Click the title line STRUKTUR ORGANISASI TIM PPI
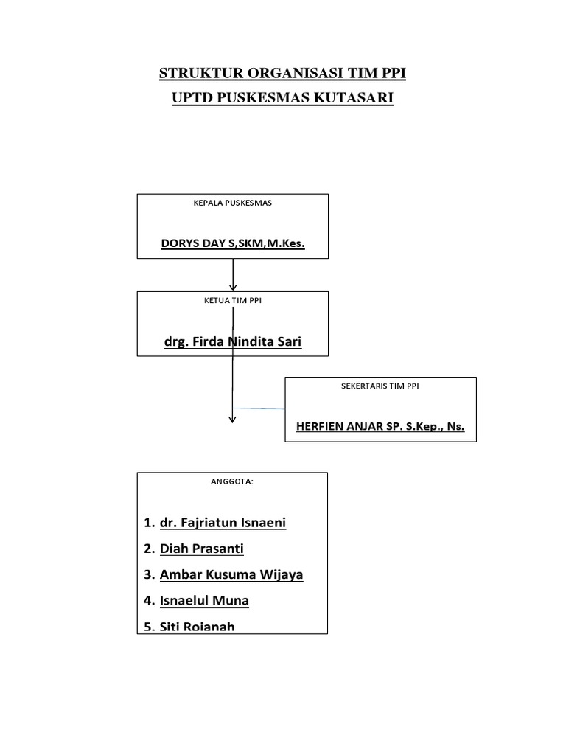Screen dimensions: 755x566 (283, 74)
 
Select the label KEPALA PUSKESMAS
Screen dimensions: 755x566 (232, 203)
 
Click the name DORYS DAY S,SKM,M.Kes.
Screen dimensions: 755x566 (232, 243)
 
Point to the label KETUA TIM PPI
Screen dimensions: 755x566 (232, 300)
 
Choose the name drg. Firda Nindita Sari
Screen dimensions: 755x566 (232, 342)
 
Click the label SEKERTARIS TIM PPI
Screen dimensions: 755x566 (380, 386)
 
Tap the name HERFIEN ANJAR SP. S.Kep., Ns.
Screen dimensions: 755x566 (380, 426)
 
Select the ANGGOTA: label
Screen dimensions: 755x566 (232, 481)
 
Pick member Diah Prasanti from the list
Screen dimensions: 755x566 (201, 549)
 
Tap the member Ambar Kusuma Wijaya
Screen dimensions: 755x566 (231, 574)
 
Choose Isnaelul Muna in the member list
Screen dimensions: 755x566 (204, 600)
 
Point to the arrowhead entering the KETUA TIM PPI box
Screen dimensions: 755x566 (233, 287)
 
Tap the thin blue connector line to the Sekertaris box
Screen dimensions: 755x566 (259, 408)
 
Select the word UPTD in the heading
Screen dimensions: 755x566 (190, 98)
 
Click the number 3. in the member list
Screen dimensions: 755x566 (149, 574)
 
